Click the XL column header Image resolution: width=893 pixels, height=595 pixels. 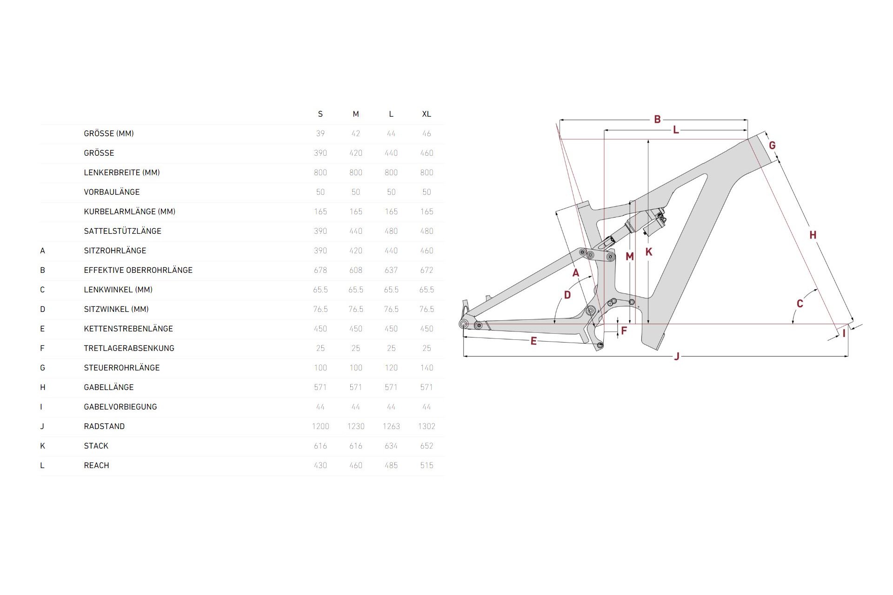(x=427, y=114)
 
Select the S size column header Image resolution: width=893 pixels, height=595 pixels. (x=320, y=114)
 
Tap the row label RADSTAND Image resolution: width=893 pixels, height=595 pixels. (x=104, y=426)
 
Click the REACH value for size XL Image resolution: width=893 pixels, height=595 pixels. (x=427, y=465)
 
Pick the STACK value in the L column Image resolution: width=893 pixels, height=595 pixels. (x=391, y=446)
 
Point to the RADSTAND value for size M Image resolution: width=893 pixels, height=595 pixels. (x=356, y=426)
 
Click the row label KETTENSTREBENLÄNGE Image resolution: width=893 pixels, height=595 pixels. (x=128, y=329)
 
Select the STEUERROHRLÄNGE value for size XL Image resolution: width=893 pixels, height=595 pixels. (x=427, y=368)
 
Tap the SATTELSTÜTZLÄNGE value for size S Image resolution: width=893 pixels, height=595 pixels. (x=320, y=231)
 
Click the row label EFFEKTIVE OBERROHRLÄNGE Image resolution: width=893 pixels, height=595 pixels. (x=138, y=270)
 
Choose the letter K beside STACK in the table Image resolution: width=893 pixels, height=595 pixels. (x=42, y=446)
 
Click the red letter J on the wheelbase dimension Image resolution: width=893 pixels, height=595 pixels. (x=677, y=357)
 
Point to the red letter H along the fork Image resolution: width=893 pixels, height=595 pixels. (x=813, y=235)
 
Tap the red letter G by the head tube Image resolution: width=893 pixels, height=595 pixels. (x=772, y=145)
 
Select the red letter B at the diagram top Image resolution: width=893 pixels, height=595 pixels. (x=657, y=119)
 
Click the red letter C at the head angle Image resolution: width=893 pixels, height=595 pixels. (x=800, y=304)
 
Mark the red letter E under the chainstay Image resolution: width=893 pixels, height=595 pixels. (x=533, y=341)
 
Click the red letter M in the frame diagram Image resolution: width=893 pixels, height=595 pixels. (x=630, y=257)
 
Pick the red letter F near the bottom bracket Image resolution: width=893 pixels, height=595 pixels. (x=624, y=331)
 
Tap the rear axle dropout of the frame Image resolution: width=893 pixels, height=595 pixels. (x=464, y=324)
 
